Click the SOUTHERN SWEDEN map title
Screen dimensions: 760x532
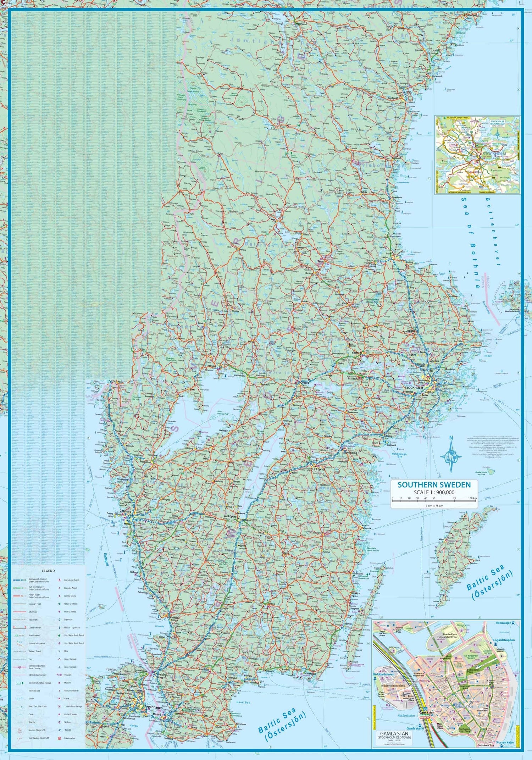point(434,484)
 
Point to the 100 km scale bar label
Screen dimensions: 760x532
point(472,499)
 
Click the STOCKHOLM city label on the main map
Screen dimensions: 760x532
point(414,388)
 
